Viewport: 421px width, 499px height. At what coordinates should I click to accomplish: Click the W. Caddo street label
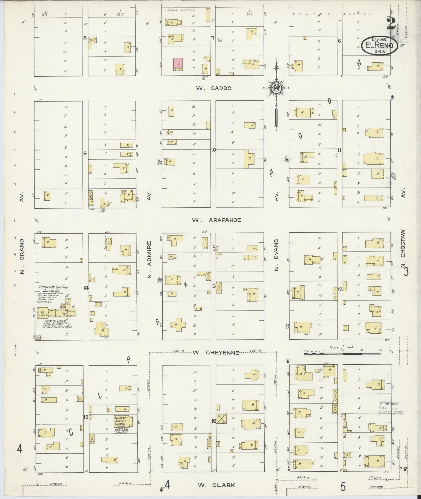(214, 88)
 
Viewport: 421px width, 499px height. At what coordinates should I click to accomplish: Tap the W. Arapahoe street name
(216, 220)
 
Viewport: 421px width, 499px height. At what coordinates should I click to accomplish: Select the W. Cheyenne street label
(216, 353)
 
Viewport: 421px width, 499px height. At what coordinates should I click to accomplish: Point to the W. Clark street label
(216, 485)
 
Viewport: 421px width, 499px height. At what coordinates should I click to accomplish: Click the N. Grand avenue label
(22, 256)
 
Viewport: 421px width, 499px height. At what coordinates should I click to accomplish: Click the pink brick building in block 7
(178, 63)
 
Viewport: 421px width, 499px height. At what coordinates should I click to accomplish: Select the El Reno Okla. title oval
(380, 46)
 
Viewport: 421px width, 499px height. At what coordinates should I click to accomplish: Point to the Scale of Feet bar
(342, 354)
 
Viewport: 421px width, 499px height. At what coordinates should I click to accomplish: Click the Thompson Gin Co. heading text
(52, 287)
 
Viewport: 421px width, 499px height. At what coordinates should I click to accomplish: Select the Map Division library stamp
(391, 415)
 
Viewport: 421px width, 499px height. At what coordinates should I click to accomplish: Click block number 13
(213, 286)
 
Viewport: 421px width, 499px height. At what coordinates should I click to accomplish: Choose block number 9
(85, 154)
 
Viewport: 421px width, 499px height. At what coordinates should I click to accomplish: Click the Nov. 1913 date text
(379, 39)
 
